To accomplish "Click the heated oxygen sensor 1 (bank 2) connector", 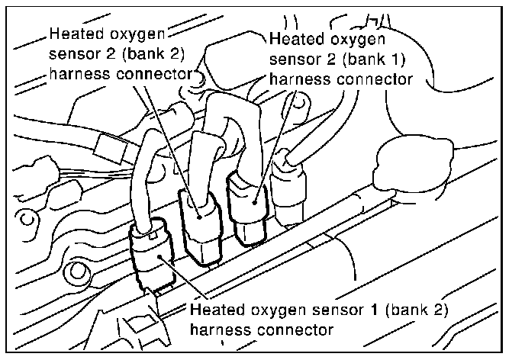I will click(156, 256).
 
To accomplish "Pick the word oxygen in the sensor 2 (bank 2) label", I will click(137, 34).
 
